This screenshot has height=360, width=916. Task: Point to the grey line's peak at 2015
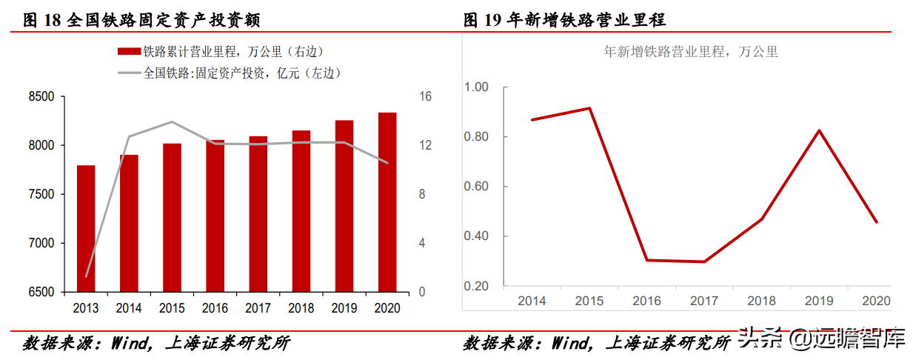[172, 121]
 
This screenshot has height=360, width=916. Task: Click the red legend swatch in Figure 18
[129, 52]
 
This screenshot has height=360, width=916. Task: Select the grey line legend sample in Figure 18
[129, 73]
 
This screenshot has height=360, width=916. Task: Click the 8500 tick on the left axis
[41, 97]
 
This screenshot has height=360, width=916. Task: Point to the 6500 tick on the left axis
[41, 292]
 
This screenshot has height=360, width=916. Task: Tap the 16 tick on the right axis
[425, 97]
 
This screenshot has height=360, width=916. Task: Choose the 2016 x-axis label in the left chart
[215, 307]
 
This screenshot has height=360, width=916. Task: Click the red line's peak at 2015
[589, 108]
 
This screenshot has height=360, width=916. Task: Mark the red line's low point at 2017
[703, 261]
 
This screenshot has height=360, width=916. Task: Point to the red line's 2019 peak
[819, 130]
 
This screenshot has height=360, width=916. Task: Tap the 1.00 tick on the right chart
[476, 87]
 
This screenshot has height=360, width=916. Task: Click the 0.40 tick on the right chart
[476, 236]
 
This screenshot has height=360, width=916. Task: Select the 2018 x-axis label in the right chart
[761, 301]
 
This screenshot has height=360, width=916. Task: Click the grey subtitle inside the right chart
[691, 52]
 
